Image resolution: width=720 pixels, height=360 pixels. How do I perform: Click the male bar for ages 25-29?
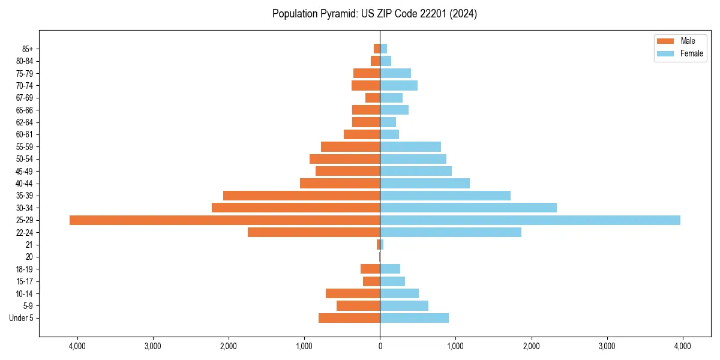[x=224, y=220]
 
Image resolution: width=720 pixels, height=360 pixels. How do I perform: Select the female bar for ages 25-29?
[x=530, y=220]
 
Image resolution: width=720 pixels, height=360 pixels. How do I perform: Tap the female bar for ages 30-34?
[x=468, y=208]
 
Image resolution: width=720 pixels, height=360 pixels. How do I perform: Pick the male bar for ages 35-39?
[x=301, y=196]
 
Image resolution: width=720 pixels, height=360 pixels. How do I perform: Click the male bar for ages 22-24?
[x=314, y=232]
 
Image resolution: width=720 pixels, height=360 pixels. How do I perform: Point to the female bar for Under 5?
[x=414, y=318]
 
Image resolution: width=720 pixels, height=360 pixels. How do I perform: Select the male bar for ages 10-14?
[x=353, y=293]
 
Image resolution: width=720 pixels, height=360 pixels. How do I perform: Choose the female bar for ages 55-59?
[x=410, y=146]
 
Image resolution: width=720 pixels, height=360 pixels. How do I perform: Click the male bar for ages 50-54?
[x=344, y=159]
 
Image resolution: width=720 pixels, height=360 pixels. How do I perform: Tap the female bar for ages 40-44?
[x=425, y=183]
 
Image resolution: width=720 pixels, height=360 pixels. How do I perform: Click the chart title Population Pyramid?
[x=374, y=14]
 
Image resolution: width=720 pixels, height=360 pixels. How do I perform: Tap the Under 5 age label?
[x=21, y=318]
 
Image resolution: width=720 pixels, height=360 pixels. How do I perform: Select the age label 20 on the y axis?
[x=29, y=257]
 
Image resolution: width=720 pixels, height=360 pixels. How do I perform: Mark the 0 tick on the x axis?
[x=380, y=346]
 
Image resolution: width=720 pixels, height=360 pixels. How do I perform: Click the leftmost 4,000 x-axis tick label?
[x=77, y=346]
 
